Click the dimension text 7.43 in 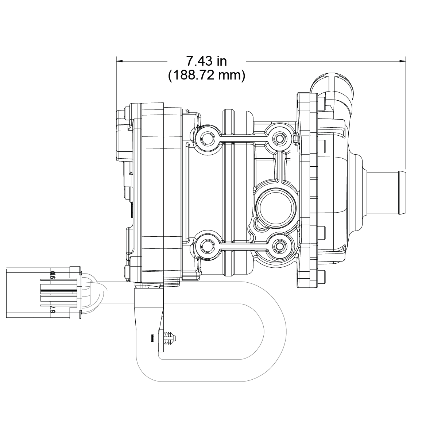pos(206,61)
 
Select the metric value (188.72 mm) pos(206,75)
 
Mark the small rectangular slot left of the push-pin pos(152,338)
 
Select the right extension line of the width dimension pos(406,109)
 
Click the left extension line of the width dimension pos(116,84)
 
